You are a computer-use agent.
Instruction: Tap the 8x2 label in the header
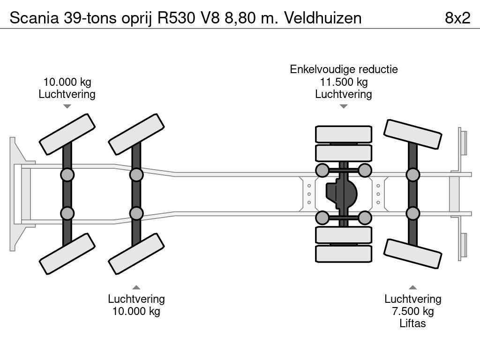point(457,18)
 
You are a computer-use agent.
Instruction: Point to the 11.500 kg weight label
point(343,82)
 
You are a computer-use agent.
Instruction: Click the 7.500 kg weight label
point(412,311)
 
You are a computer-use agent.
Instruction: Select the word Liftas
point(412,323)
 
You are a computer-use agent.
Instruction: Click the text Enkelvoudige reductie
point(343,70)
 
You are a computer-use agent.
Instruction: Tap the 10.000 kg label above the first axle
point(67,82)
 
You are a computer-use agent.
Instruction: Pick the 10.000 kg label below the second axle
point(136,311)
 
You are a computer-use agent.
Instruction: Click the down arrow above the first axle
point(67,106)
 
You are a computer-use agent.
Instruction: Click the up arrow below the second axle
point(136,287)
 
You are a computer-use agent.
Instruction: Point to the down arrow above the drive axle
point(343,106)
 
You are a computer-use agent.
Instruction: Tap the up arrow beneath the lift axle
point(412,287)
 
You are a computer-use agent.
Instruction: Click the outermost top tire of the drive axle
point(343,134)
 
